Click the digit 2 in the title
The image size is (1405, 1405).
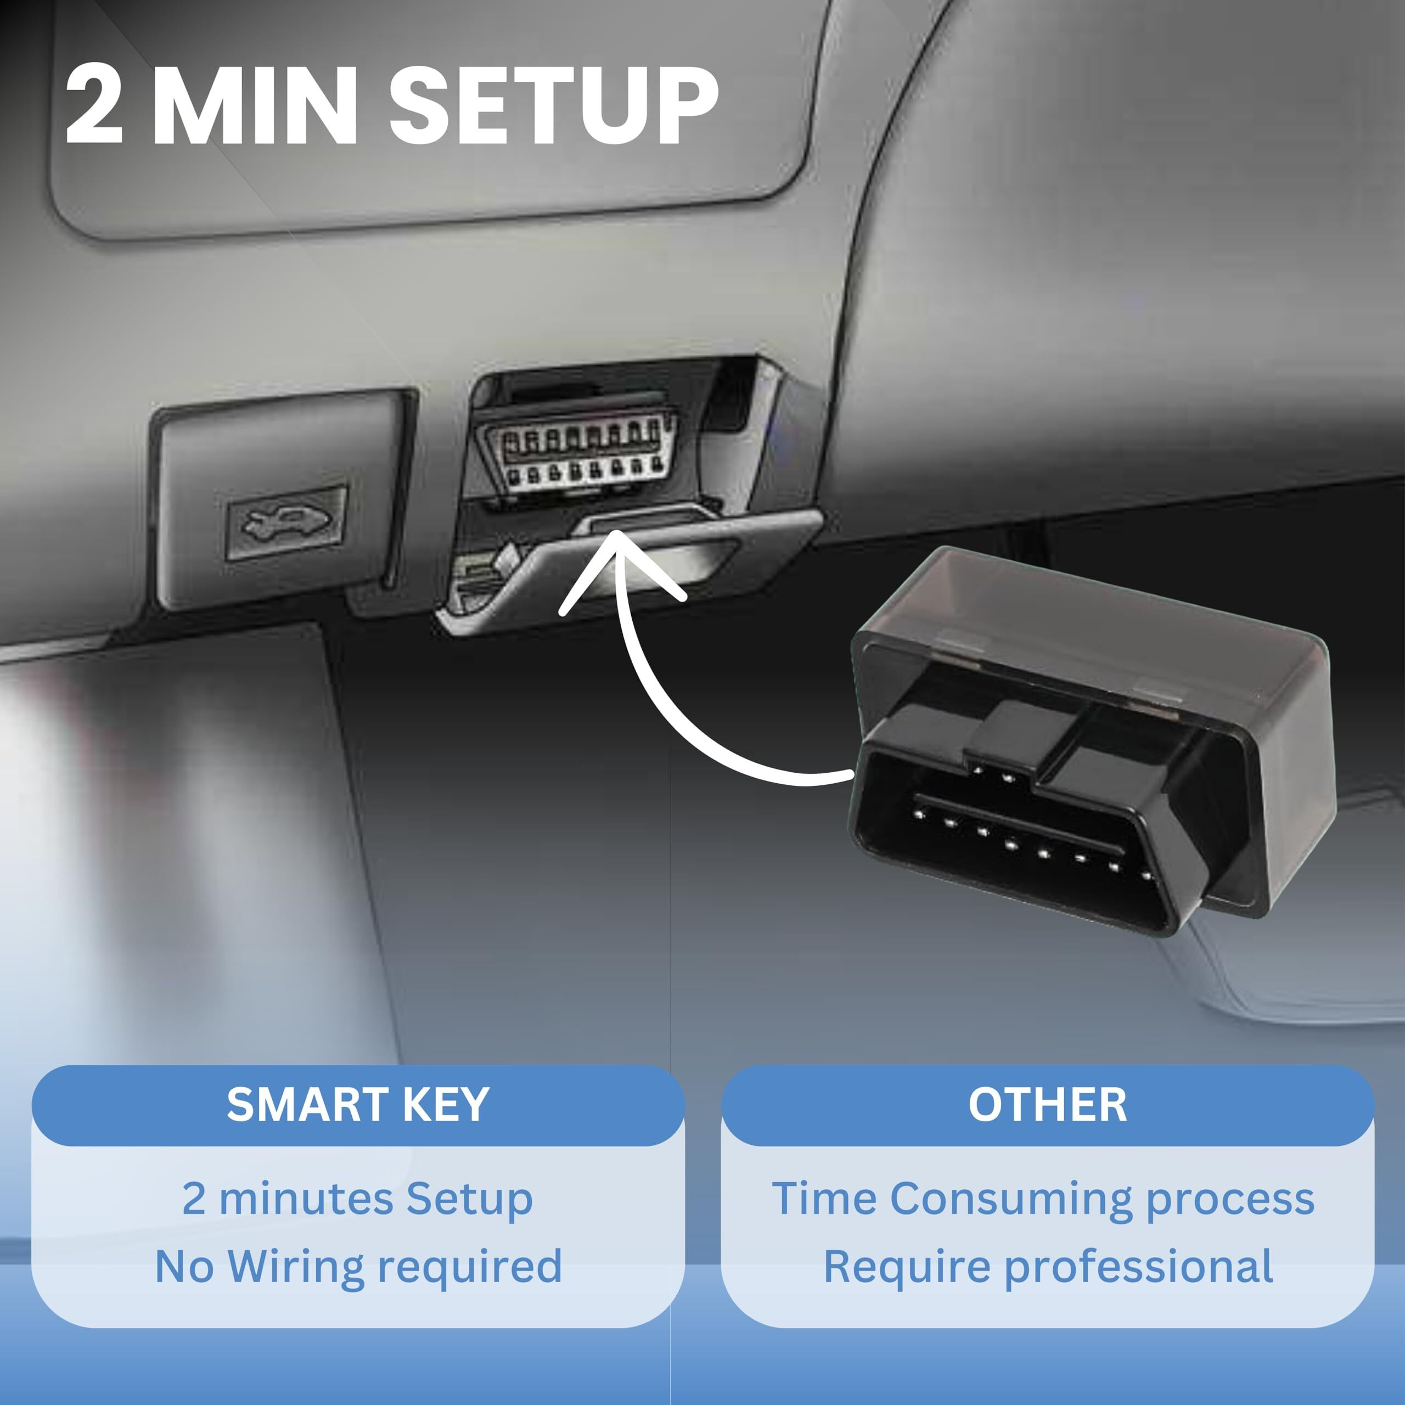[94, 105]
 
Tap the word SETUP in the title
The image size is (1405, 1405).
[553, 105]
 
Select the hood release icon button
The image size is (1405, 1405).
[287, 522]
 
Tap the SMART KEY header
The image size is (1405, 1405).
[358, 1105]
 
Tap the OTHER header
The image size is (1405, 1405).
[1047, 1105]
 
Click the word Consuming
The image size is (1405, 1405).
[1011, 1199]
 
